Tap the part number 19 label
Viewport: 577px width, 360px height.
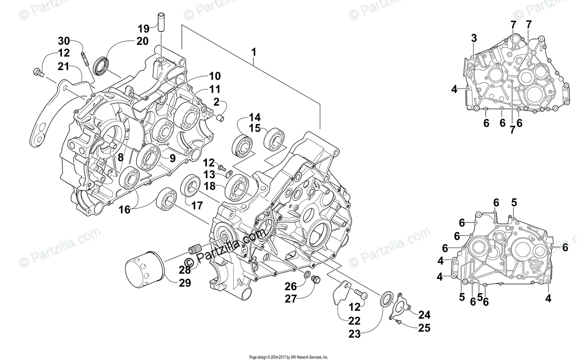tap(143, 28)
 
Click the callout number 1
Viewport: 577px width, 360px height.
tap(253, 51)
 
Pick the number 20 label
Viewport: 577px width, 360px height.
tap(142, 41)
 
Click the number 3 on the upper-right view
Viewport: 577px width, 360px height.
tap(474, 38)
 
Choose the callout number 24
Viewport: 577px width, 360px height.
tap(424, 315)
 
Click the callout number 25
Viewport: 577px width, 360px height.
tap(424, 329)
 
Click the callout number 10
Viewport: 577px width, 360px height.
tap(214, 75)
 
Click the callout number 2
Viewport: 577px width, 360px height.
tap(216, 101)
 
